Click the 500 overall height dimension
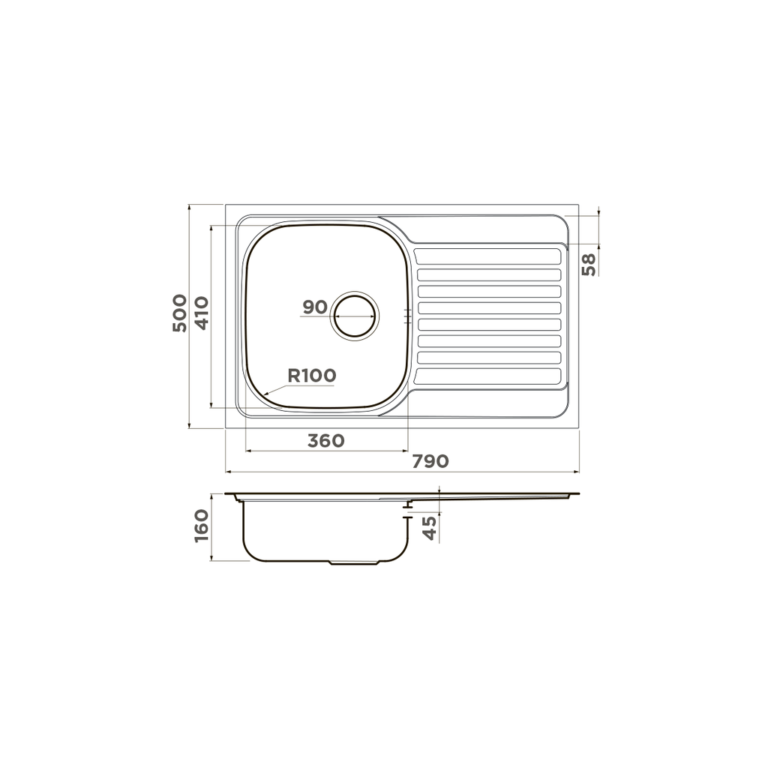pyautogui.click(x=180, y=313)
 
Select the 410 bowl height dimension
pyautogui.click(x=202, y=313)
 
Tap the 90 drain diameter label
pyautogui.click(x=315, y=307)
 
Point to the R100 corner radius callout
pyautogui.click(x=312, y=376)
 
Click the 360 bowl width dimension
pyautogui.click(x=326, y=441)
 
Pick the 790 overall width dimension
pyautogui.click(x=430, y=461)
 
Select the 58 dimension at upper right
pyautogui.click(x=589, y=265)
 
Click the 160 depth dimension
pyautogui.click(x=202, y=526)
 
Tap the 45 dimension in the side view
pyautogui.click(x=429, y=528)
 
